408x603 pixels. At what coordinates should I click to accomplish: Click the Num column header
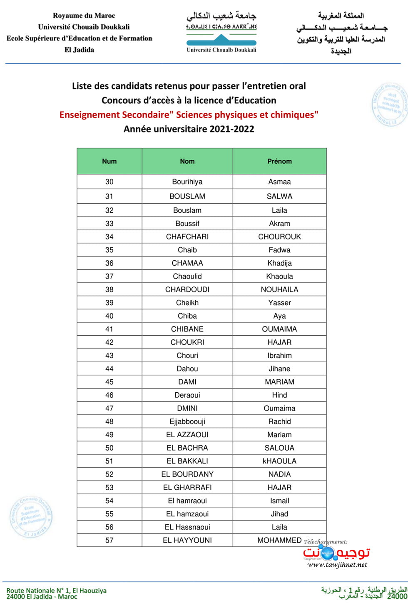click(x=109, y=161)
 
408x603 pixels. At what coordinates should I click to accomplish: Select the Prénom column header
click(x=279, y=161)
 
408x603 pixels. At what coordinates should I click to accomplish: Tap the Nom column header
click(x=187, y=161)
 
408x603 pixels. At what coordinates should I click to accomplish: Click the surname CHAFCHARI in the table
click(x=187, y=237)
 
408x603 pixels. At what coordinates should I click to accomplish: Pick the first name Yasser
click(x=279, y=303)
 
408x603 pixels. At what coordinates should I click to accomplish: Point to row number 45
click(x=109, y=382)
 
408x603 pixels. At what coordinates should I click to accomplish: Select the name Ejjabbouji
click(x=187, y=421)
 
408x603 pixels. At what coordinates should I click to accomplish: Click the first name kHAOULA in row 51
click(x=279, y=461)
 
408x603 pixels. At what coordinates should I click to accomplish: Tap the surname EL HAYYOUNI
click(x=187, y=540)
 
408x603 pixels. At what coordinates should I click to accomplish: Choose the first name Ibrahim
click(x=279, y=356)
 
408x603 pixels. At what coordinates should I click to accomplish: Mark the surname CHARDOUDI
click(x=187, y=289)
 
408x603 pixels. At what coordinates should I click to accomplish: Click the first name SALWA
click(x=279, y=196)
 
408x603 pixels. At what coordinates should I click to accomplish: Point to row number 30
click(x=109, y=182)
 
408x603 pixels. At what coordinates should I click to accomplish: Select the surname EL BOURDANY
click(x=187, y=474)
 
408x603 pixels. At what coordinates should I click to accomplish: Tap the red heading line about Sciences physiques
click(x=189, y=115)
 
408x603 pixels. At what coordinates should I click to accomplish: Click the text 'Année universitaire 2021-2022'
click(x=189, y=129)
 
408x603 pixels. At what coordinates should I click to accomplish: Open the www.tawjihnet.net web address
click(x=337, y=565)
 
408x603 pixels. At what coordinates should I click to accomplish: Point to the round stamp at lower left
click(x=31, y=516)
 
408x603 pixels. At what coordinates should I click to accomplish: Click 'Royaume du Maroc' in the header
click(x=84, y=16)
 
